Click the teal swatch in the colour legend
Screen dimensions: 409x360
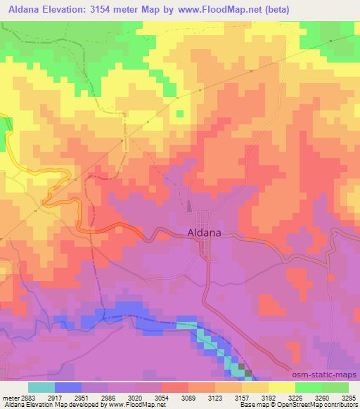41,387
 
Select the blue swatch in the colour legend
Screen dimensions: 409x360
67,387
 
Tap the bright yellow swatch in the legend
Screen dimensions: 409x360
281,387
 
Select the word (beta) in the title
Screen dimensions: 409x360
276,9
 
